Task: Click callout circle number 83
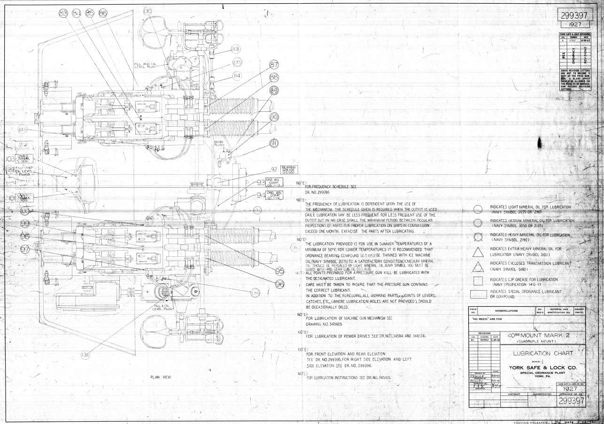(63, 14)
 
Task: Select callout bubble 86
(103, 14)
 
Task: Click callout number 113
(235, 49)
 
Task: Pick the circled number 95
(280, 271)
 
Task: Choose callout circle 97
(25, 249)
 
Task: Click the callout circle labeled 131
(85, 354)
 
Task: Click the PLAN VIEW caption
(161, 377)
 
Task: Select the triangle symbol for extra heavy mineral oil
(478, 252)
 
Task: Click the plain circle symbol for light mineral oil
(478, 209)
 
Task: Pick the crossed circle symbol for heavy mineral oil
(478, 237)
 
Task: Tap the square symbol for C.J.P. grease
(478, 281)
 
